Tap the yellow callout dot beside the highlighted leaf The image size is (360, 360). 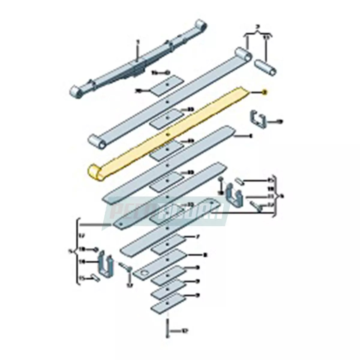point(264,92)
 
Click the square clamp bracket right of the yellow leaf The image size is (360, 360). point(258,120)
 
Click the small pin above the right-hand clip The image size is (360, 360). point(239,181)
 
